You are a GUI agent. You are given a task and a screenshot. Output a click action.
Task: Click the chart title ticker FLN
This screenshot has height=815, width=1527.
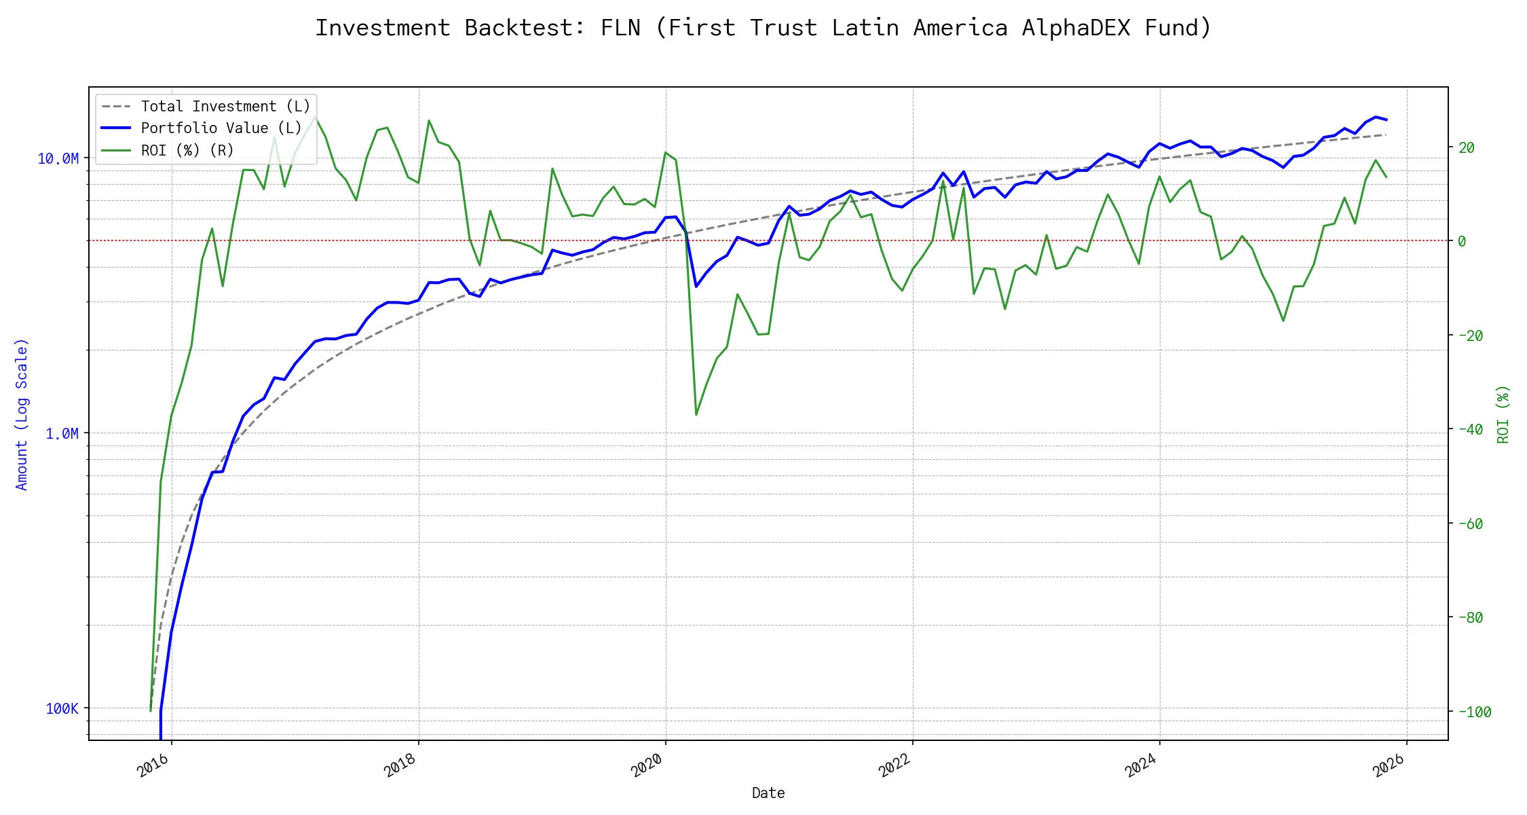[x=620, y=28]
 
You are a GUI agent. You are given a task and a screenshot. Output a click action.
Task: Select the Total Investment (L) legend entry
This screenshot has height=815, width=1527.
[x=225, y=107]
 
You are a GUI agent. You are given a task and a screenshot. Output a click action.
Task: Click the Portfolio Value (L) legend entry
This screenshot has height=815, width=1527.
[x=221, y=128]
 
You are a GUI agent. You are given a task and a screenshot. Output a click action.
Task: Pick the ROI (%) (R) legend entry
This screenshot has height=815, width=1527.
[x=187, y=150]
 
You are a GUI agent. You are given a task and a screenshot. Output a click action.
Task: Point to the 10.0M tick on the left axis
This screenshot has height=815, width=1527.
[x=58, y=159]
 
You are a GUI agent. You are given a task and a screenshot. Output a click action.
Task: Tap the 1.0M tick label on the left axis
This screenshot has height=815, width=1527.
[x=62, y=434]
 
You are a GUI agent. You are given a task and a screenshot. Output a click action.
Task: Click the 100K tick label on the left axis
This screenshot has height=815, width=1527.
[x=62, y=709]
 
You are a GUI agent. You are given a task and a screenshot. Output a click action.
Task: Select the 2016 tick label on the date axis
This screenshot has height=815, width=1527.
[x=153, y=765]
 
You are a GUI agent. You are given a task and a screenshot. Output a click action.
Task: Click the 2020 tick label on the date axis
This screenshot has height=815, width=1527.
[x=647, y=765]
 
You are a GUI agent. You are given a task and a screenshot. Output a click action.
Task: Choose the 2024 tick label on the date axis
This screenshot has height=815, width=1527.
[x=1141, y=765]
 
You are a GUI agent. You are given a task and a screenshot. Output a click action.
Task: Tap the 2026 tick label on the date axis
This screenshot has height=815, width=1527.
[x=1389, y=765]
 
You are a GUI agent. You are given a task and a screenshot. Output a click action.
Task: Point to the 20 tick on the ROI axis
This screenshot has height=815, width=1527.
[x=1466, y=147]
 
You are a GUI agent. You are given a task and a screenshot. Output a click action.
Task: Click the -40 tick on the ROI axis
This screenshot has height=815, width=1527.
[x=1470, y=429]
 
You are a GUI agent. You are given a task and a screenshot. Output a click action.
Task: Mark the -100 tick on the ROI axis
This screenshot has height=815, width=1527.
[x=1474, y=712]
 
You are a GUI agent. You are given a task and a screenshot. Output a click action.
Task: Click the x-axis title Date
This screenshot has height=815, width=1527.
[x=768, y=793]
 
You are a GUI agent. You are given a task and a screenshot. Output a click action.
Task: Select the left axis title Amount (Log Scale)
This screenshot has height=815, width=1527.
[x=22, y=414]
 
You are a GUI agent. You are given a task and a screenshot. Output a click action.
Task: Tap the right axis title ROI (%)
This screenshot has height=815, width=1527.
[x=1503, y=414]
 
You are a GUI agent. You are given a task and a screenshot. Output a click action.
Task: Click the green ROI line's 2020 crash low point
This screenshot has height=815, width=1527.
[x=696, y=414]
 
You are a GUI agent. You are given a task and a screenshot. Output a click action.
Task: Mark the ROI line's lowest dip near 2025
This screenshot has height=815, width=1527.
[x=1283, y=321]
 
